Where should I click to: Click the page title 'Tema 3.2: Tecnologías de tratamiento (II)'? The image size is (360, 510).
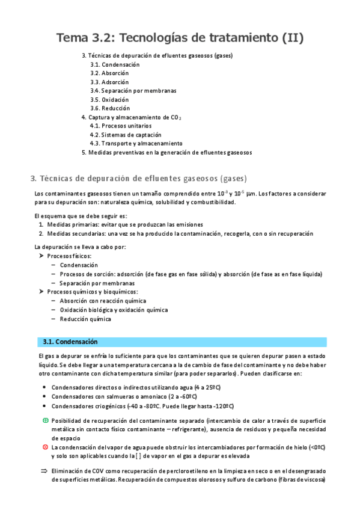click(180, 38)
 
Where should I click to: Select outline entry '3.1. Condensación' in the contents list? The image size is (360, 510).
click(115, 64)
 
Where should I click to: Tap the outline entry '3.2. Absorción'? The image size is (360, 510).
click(109, 73)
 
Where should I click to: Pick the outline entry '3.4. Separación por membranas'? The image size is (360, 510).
click(133, 91)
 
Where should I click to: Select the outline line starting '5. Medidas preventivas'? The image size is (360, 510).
click(166, 153)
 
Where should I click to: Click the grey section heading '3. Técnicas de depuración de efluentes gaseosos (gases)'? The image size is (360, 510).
click(138, 179)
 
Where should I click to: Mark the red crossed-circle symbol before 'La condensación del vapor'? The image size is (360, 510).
click(46, 447)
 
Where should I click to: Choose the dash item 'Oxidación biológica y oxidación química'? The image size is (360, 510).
click(114, 310)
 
